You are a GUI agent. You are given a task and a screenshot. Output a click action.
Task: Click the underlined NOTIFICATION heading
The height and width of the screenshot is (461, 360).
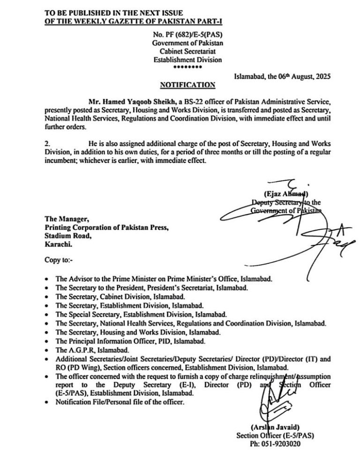point(187,85)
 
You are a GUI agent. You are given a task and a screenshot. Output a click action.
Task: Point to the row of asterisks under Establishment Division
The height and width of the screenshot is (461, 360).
point(187,67)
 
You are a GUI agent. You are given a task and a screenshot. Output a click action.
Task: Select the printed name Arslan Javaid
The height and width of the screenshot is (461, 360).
point(272,428)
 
